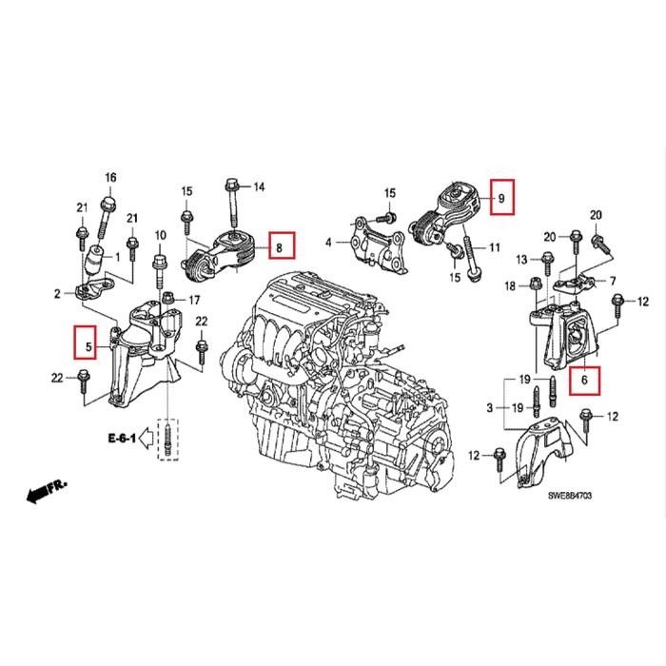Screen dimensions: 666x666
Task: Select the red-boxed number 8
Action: pyautogui.click(x=280, y=247)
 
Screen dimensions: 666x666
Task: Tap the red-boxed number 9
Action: pyautogui.click(x=500, y=198)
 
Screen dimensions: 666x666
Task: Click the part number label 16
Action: pyautogui.click(x=109, y=178)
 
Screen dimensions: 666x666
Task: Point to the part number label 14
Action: pyautogui.click(x=259, y=186)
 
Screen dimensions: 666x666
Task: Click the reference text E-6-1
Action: pyautogui.click(x=121, y=439)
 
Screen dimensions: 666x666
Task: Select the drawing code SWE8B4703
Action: pyautogui.click(x=575, y=495)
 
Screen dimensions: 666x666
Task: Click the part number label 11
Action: pyautogui.click(x=494, y=248)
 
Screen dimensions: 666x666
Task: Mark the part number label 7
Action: pyautogui.click(x=613, y=281)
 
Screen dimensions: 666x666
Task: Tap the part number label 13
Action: pyautogui.click(x=521, y=259)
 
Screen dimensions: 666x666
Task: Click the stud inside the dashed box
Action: pyautogui.click(x=167, y=441)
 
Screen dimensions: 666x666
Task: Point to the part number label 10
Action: pyautogui.click(x=160, y=234)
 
